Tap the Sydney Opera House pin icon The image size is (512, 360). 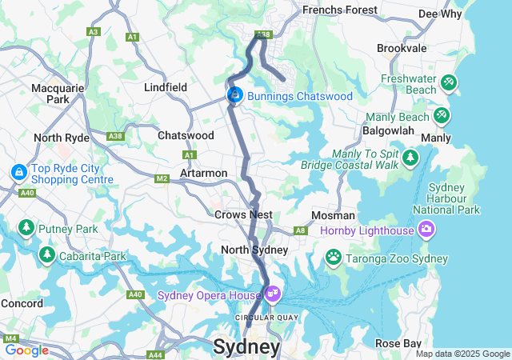272,294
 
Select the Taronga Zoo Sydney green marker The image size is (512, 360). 333,257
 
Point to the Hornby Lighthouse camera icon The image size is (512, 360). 426,230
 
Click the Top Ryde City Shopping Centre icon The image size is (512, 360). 18,172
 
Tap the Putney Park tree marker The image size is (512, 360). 26,229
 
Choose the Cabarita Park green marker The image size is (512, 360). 46,255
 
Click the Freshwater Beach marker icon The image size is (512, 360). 449,82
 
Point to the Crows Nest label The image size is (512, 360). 243,214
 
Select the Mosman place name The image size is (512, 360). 334,215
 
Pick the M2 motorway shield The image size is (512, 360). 162,178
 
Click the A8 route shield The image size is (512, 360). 301,230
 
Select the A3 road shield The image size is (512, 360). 94,31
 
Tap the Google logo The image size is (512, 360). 26,350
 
